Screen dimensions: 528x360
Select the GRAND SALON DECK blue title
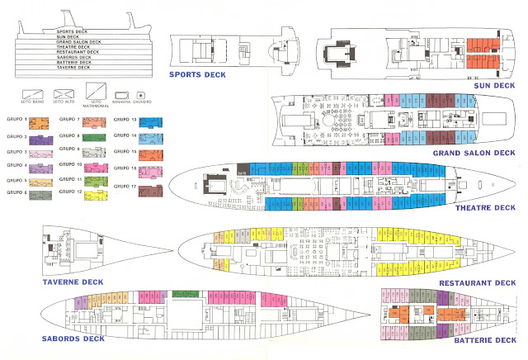click(469, 153)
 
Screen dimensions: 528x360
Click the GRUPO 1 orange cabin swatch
click(41, 123)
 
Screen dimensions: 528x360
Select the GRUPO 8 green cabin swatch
click(95, 137)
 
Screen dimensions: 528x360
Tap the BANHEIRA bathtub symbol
click(122, 94)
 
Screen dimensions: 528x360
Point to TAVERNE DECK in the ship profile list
click(73, 67)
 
